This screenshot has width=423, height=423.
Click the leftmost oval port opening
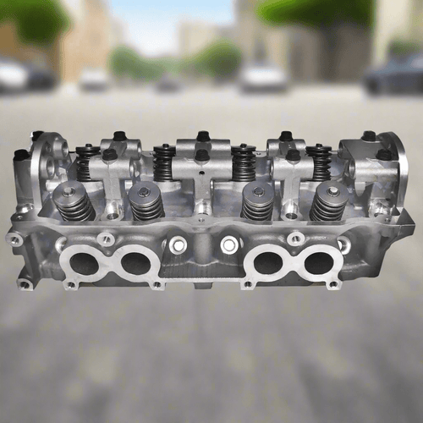click(84, 262)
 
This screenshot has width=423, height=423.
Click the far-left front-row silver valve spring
click(73, 202)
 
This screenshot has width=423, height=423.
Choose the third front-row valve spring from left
click(258, 202)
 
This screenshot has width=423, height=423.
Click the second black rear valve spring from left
click(164, 162)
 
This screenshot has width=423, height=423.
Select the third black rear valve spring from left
click(244, 162)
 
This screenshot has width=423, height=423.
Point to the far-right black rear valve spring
click(319, 162)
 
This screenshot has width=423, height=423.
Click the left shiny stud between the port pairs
click(177, 245)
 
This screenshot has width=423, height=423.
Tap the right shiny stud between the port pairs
click(228, 245)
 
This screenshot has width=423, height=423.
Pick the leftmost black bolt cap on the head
click(20, 155)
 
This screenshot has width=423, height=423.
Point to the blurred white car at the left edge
click(12, 76)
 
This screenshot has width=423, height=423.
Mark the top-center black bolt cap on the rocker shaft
click(202, 136)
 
